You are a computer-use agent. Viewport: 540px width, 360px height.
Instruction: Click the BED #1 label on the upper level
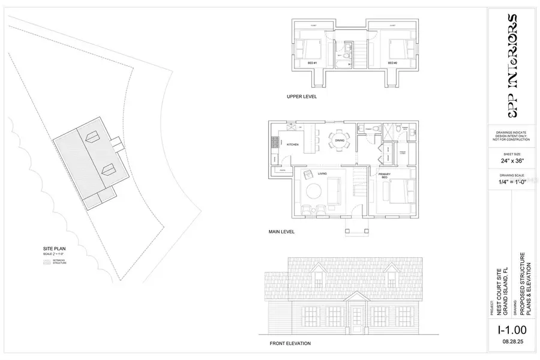[x=312, y=63]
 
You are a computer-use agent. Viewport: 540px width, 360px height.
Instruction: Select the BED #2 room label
[x=392, y=63]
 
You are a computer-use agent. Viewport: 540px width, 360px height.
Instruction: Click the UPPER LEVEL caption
[x=301, y=96]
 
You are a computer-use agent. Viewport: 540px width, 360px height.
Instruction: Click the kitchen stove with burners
[x=275, y=142]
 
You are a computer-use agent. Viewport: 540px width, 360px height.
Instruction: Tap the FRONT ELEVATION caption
[x=290, y=344]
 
